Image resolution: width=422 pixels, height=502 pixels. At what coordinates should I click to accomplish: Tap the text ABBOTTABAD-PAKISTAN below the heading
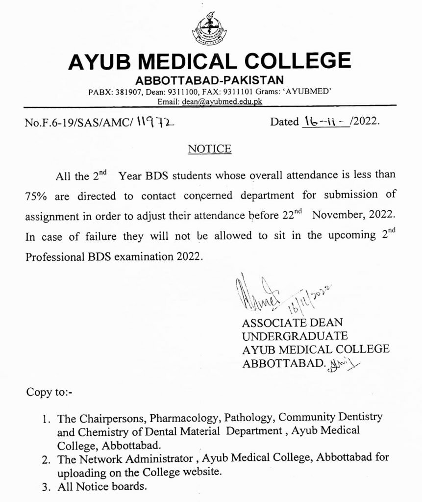[210, 80]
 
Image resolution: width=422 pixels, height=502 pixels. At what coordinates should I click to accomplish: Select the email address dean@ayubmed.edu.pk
[222, 101]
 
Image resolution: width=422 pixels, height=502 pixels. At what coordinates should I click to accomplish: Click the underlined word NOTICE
[209, 149]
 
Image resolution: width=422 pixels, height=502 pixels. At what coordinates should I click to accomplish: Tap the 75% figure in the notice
[35, 196]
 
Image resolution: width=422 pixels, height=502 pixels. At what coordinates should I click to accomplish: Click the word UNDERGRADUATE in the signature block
[295, 336]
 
